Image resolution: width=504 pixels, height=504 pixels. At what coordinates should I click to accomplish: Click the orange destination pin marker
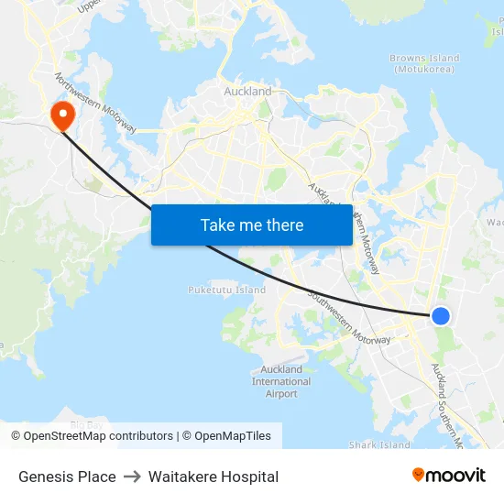click(62, 115)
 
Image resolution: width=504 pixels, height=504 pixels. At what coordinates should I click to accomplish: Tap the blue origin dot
click(441, 315)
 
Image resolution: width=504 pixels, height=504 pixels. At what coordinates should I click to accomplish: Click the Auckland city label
click(247, 92)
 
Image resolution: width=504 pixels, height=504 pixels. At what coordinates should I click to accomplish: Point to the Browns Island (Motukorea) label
click(424, 64)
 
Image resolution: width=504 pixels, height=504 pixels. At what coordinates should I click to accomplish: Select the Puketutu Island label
click(226, 290)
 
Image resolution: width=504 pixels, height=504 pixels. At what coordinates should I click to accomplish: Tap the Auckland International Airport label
click(281, 381)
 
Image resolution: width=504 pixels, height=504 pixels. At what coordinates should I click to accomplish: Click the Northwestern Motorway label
click(95, 103)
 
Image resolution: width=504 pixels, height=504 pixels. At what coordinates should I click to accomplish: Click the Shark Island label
click(379, 445)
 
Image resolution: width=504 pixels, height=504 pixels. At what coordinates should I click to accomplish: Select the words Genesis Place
click(67, 477)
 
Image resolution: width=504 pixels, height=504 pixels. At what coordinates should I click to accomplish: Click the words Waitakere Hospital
click(214, 477)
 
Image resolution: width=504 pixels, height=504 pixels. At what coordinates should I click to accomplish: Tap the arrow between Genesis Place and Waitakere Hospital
click(132, 477)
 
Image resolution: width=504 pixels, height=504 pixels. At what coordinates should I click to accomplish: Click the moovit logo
click(448, 476)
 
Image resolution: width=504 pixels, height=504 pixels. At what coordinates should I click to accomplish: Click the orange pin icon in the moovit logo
click(418, 475)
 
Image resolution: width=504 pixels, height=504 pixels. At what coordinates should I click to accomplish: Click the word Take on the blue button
click(217, 225)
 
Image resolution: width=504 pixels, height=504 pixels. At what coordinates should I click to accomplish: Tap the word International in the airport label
click(281, 381)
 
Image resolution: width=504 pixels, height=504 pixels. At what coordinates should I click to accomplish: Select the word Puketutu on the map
click(211, 290)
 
